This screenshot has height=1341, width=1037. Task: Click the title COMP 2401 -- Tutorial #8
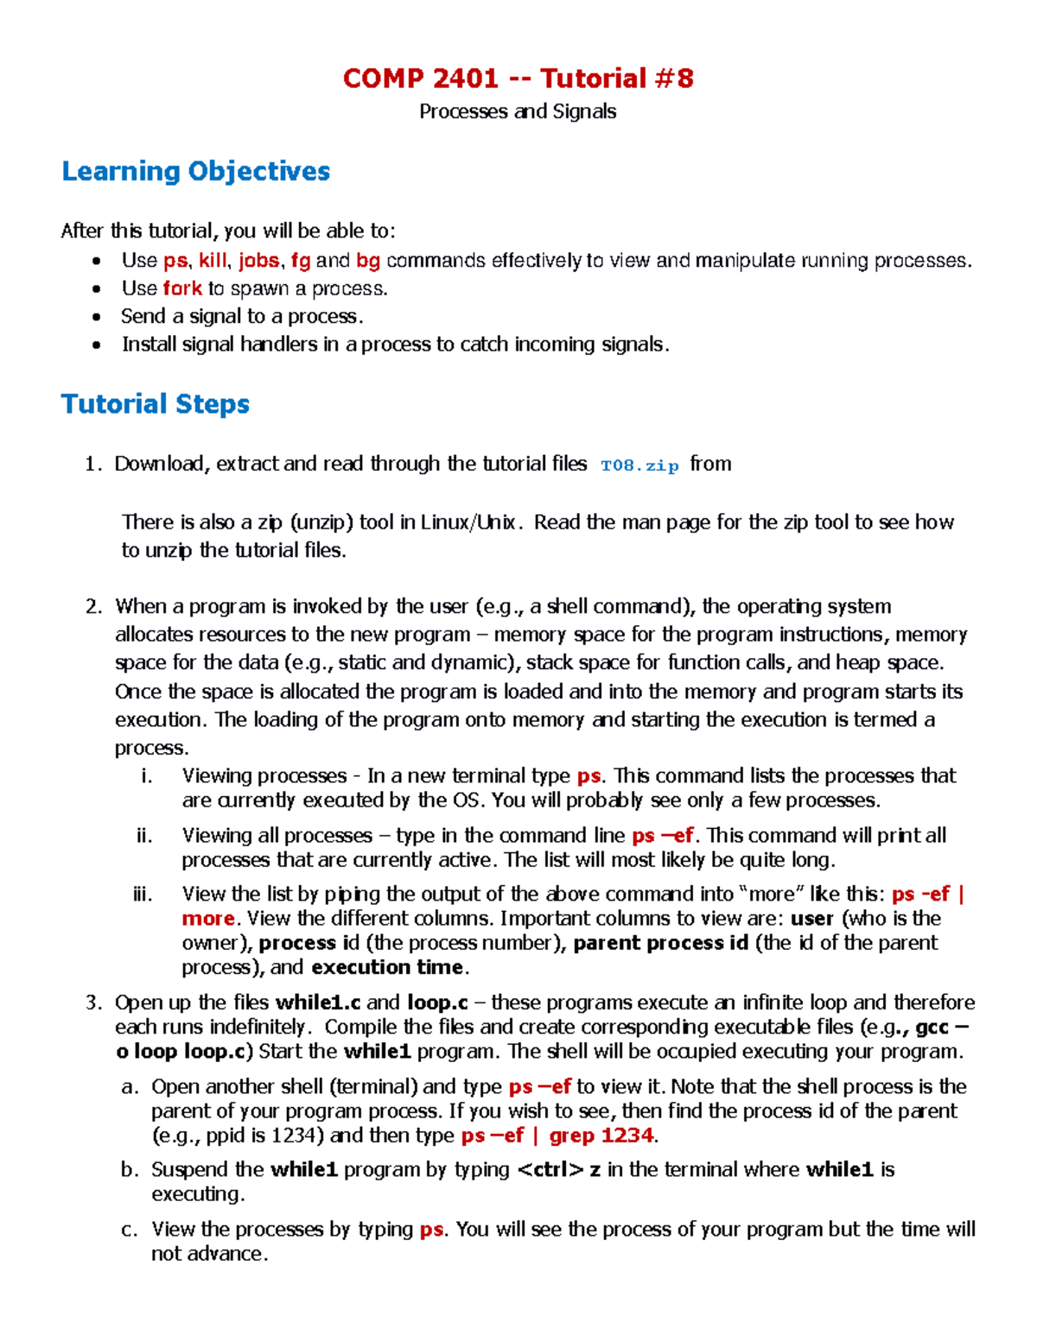tap(518, 79)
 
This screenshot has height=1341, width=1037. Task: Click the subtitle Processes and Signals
tap(518, 111)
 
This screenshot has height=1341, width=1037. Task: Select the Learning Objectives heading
tap(195, 171)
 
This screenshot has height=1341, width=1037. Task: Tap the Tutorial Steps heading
tap(156, 403)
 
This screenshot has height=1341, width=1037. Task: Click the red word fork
tap(182, 288)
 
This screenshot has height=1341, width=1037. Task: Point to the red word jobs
tap(258, 261)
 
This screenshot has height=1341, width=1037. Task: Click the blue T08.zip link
tap(639, 465)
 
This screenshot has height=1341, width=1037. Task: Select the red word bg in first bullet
tap(368, 261)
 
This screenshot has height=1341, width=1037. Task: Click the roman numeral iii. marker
tap(143, 894)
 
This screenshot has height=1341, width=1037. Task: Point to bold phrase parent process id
tap(660, 943)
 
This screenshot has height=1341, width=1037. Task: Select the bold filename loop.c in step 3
tap(437, 1003)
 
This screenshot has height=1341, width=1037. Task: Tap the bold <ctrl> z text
tap(559, 1170)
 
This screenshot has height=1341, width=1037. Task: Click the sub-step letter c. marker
tap(130, 1229)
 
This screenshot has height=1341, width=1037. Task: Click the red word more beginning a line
tap(208, 919)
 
